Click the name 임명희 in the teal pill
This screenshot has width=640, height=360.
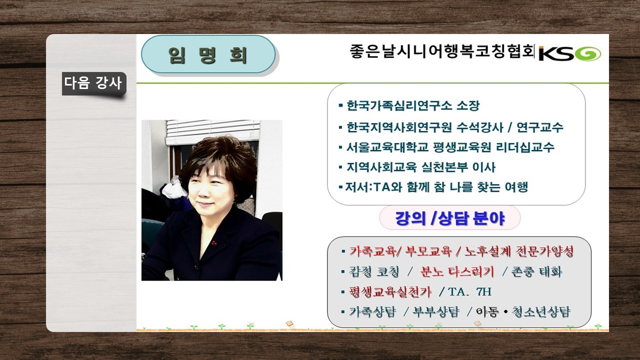[x=207, y=55]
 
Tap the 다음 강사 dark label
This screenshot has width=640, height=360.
[x=94, y=83]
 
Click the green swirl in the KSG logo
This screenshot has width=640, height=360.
[x=588, y=53]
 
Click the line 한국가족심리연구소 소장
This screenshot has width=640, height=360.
[x=413, y=105]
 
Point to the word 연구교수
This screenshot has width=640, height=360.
[x=540, y=127]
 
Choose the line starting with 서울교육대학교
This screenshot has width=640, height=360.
[x=450, y=147]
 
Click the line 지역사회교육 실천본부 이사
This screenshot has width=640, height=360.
[x=420, y=167]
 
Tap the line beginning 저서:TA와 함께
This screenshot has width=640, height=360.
[x=436, y=187]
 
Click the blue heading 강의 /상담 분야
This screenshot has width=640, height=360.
[x=450, y=218]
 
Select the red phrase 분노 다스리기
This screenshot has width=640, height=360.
[x=457, y=271]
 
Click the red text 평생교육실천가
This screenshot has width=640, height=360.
[x=390, y=291]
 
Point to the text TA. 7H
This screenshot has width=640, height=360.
[x=470, y=291]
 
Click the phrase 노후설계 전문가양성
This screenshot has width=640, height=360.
[x=519, y=251]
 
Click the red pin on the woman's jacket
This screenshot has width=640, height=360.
[x=213, y=243]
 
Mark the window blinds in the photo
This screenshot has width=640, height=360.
[x=212, y=131]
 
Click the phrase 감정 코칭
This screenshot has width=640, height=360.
[x=373, y=271]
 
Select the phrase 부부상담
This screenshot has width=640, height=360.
[x=435, y=311]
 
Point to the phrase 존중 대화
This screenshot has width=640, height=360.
[x=536, y=271]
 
